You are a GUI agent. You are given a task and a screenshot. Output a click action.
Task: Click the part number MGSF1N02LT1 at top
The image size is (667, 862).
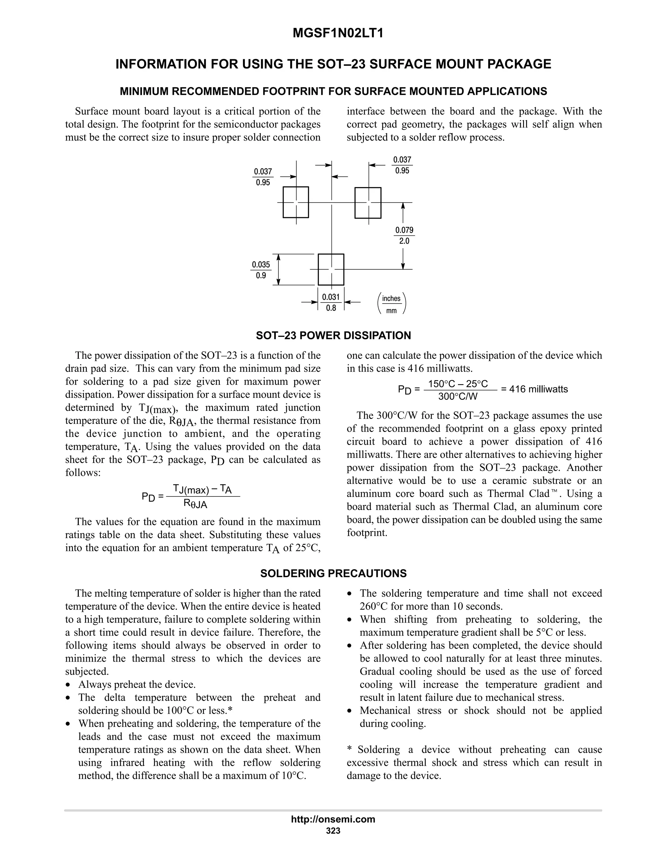(x=338, y=34)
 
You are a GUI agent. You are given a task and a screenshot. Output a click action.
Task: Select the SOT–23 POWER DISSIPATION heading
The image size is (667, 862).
(x=333, y=335)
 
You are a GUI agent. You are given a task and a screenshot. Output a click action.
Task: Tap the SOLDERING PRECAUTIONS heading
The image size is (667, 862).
(x=333, y=573)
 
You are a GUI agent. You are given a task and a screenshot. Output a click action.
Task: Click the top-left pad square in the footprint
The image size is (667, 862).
(x=296, y=202)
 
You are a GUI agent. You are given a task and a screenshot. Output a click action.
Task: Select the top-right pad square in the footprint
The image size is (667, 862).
(x=368, y=202)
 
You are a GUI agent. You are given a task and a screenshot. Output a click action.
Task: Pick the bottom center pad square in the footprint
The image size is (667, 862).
(x=331, y=269)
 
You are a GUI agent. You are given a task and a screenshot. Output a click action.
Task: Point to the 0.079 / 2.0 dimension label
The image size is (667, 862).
(x=404, y=236)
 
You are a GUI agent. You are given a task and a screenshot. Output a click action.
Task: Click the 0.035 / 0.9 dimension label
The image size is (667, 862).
(x=261, y=270)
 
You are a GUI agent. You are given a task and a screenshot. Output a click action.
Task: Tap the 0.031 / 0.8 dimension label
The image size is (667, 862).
(x=331, y=302)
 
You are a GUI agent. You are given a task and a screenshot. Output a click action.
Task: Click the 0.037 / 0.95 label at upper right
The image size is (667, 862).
(x=402, y=165)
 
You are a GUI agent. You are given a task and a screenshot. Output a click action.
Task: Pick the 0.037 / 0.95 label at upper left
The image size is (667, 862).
(x=263, y=177)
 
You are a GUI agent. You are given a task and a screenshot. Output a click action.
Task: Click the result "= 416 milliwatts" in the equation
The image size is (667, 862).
(x=534, y=389)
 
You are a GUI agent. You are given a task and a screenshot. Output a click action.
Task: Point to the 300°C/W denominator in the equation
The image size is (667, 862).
(x=458, y=396)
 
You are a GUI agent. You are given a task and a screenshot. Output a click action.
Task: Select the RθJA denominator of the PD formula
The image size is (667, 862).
(x=195, y=504)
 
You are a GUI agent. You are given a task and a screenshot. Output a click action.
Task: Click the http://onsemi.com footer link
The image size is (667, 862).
(x=333, y=819)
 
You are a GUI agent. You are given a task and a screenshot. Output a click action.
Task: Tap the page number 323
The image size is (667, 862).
(x=333, y=830)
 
